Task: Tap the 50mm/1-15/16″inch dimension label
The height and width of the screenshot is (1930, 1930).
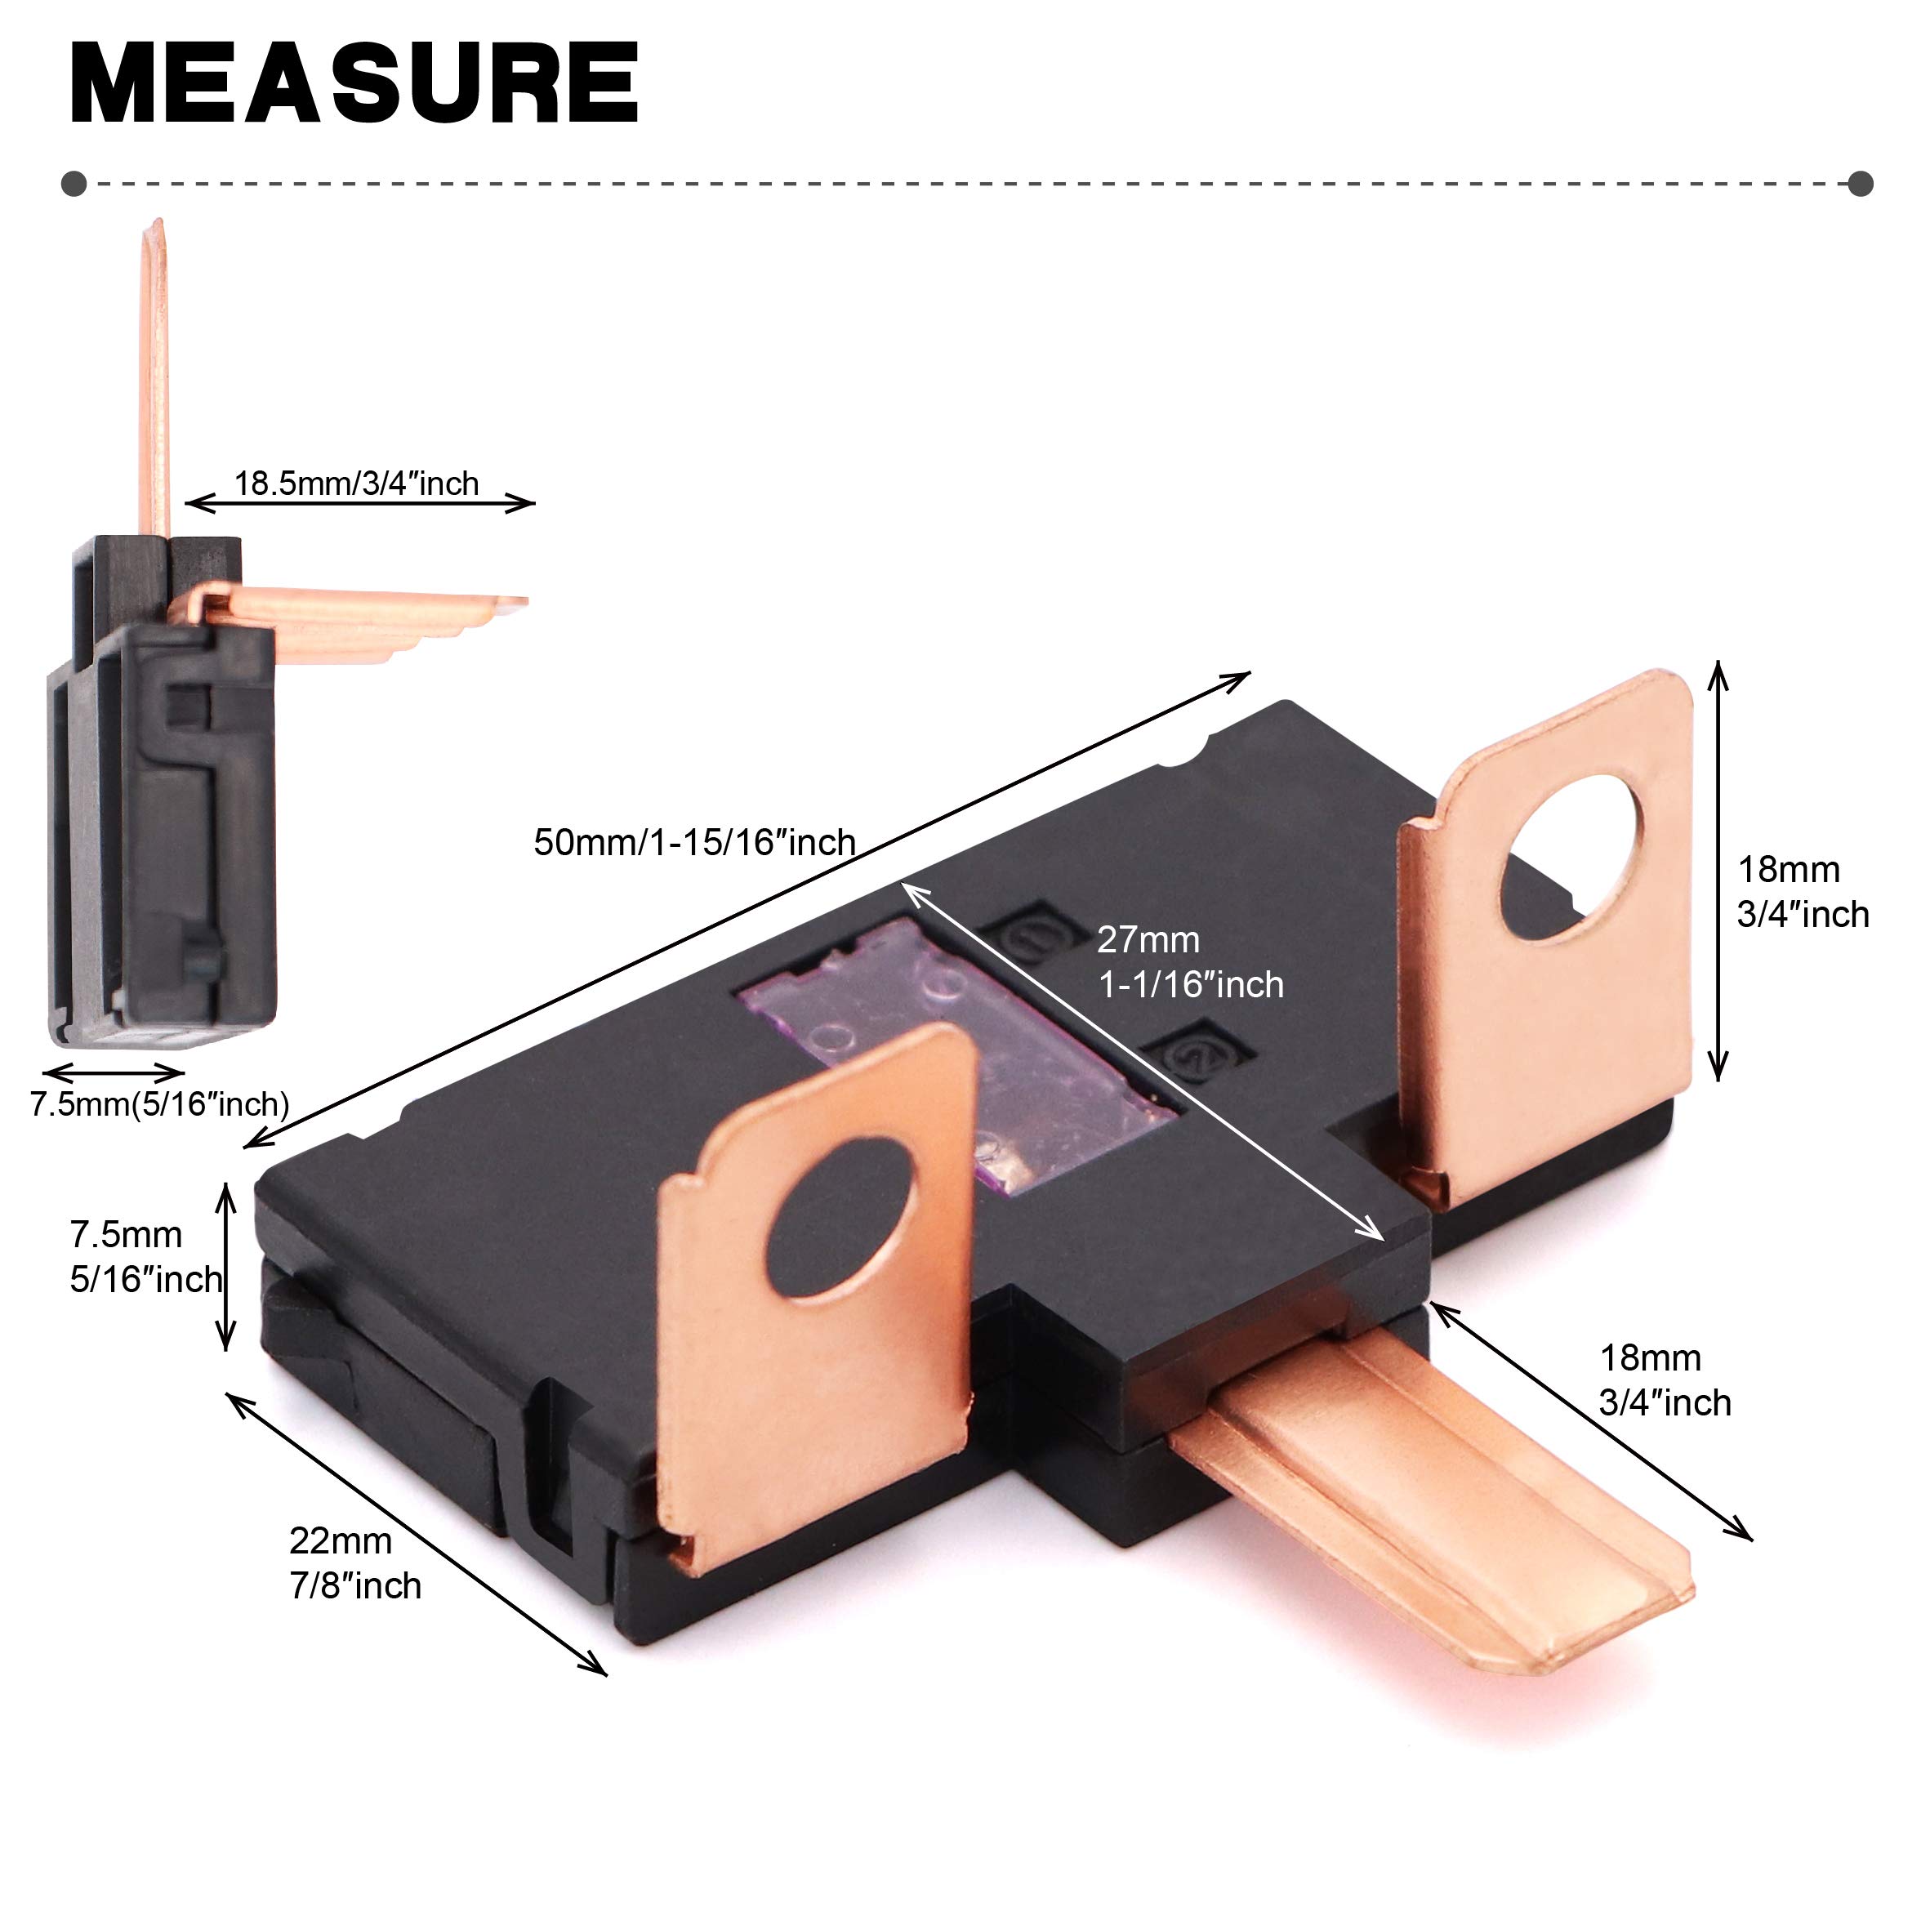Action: (x=694, y=842)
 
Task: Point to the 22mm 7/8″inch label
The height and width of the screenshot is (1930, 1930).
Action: (x=354, y=1563)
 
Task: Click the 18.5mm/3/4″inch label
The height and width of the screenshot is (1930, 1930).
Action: (x=357, y=484)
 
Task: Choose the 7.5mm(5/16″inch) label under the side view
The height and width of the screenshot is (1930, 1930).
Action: (x=160, y=1104)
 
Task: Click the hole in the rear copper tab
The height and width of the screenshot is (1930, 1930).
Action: (x=1573, y=855)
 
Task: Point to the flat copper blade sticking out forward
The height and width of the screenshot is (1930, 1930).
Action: (x=1438, y=1499)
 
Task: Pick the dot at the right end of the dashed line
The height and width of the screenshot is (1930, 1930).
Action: (x=1859, y=184)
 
